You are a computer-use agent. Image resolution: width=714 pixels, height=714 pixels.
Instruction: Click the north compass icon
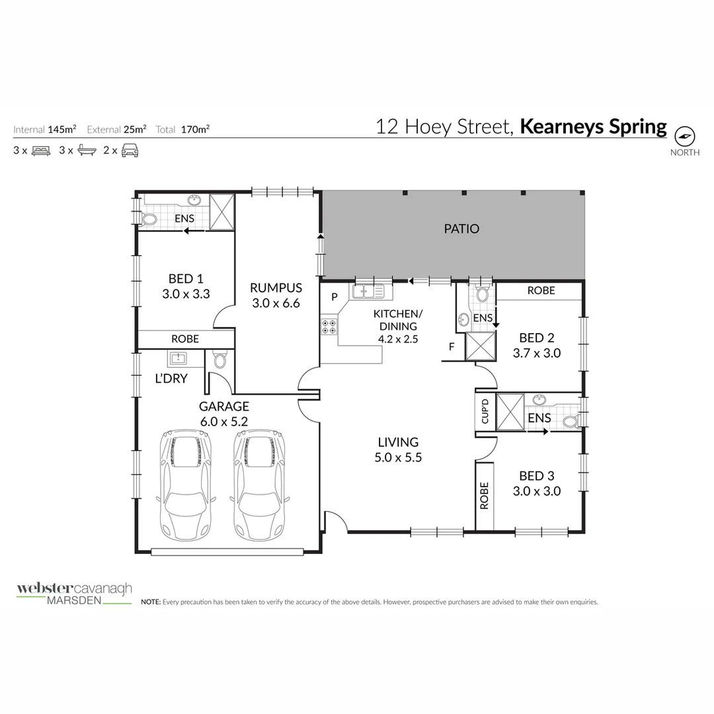685,136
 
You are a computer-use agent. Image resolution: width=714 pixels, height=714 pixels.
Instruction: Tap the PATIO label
461,229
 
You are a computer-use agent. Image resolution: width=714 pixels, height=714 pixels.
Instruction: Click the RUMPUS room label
276,288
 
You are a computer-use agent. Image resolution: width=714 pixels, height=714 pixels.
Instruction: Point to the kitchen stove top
329,326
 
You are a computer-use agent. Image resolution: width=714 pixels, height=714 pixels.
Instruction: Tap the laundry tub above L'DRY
178,358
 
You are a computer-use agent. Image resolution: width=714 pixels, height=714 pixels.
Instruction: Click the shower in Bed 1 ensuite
221,212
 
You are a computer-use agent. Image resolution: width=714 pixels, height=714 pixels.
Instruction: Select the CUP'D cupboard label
484,412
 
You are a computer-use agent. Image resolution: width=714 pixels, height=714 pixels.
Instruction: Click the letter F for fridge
452,346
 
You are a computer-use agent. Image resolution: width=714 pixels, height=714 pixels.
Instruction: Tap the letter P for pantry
335,297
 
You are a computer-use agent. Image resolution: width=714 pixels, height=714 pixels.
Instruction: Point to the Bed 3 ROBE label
485,495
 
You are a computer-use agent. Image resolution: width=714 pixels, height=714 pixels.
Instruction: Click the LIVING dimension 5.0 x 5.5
398,457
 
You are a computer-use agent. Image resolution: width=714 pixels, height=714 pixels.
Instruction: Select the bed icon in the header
41,150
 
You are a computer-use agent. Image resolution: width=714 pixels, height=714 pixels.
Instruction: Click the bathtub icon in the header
86,150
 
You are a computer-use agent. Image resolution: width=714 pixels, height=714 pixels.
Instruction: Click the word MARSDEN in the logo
73,601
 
